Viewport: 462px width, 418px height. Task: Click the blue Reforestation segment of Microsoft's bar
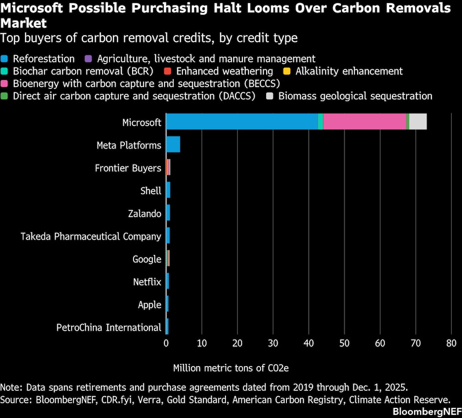tap(242, 122)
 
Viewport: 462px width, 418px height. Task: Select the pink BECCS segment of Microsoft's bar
tap(364, 122)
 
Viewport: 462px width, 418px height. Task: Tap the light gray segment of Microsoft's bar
tap(418, 122)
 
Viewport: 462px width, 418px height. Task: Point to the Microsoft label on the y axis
tap(141, 123)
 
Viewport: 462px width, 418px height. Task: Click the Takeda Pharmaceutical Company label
tap(91, 236)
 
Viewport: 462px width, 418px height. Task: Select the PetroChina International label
tap(109, 327)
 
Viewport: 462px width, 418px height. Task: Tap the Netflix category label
tap(147, 282)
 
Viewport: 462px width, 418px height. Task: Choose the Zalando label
tap(145, 214)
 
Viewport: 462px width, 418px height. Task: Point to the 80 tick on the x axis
tap(451, 343)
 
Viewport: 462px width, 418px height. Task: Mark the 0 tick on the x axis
tap(166, 343)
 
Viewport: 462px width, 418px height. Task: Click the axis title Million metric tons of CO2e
tap(231, 368)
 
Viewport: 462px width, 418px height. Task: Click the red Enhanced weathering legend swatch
tap(168, 71)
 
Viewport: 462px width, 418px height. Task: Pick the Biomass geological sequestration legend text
tap(355, 96)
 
